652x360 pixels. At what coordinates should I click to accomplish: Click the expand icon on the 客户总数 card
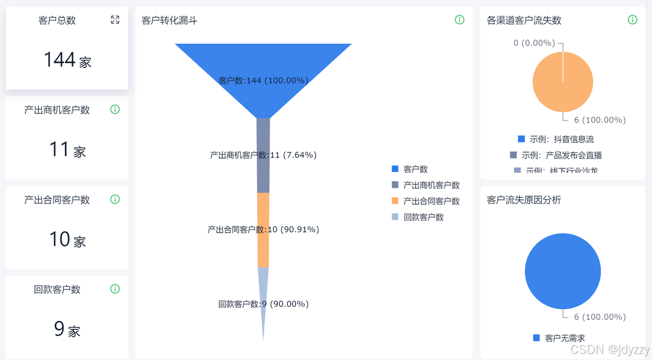click(x=115, y=20)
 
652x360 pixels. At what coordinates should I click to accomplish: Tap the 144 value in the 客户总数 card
click(x=60, y=59)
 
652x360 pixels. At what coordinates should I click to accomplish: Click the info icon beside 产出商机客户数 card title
click(x=115, y=109)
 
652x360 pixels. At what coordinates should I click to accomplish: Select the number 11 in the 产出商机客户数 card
click(x=59, y=149)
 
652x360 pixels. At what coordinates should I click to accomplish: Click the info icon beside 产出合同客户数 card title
click(x=115, y=199)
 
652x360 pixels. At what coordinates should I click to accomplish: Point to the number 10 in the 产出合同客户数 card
click(x=60, y=239)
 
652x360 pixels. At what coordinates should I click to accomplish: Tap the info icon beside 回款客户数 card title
click(x=115, y=289)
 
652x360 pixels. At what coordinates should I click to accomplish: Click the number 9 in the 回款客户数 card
click(x=59, y=329)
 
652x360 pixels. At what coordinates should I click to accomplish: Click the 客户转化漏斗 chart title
click(x=170, y=21)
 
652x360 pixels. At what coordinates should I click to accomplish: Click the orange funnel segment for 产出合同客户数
click(x=263, y=244)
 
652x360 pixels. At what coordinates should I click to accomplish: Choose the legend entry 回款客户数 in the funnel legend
click(x=423, y=217)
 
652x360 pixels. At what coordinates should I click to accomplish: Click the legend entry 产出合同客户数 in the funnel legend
click(x=431, y=201)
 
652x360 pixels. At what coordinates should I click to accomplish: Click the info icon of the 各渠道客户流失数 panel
click(x=632, y=20)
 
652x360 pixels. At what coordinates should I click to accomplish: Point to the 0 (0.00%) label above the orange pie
click(x=534, y=43)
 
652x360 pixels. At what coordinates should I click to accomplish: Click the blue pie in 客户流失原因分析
click(x=563, y=271)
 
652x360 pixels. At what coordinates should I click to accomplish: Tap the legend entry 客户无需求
click(x=564, y=338)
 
